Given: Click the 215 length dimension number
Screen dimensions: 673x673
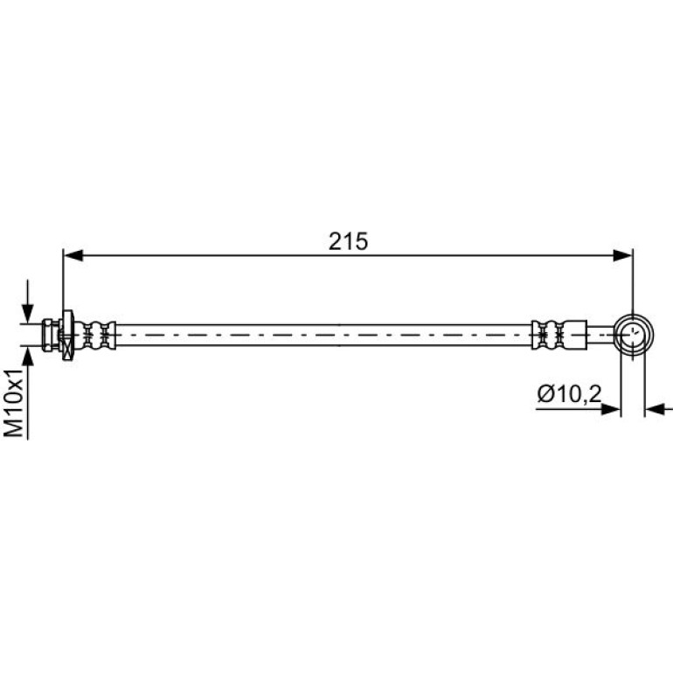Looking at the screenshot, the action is [x=348, y=241].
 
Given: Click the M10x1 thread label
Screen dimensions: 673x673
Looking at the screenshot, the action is [x=13, y=403].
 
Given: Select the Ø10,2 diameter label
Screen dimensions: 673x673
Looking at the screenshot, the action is [x=569, y=394].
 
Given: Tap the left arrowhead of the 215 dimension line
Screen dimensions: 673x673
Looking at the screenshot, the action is [x=73, y=256].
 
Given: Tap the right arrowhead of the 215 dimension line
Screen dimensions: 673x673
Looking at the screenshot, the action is [x=623, y=256].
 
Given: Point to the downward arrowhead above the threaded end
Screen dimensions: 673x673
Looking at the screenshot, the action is [x=27, y=313].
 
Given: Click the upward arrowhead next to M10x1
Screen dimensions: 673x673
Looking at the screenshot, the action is [x=27, y=356].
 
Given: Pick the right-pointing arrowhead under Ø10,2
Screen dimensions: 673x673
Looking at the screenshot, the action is [x=611, y=409].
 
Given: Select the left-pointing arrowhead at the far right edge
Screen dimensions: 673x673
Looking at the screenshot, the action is [x=655, y=409].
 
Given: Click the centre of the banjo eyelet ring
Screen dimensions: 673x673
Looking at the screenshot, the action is [x=633, y=335].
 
